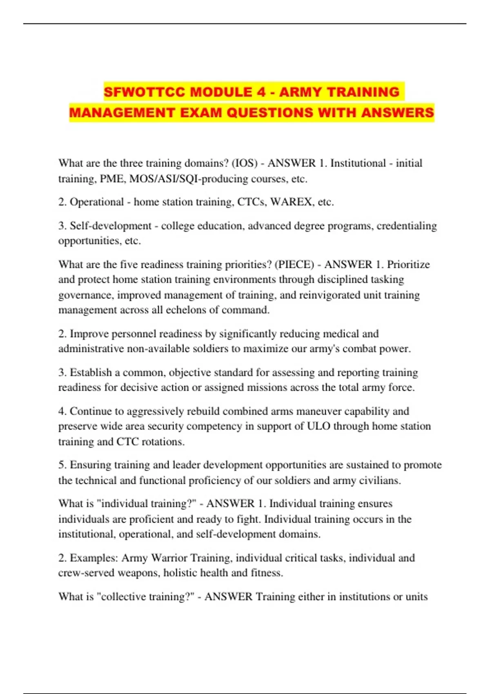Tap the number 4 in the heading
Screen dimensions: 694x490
click(x=261, y=92)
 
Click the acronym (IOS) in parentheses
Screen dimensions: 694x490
click(x=245, y=163)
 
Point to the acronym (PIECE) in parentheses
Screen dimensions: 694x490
click(x=294, y=265)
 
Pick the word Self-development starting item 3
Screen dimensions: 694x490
click(x=111, y=226)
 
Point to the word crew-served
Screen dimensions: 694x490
click(x=86, y=573)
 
